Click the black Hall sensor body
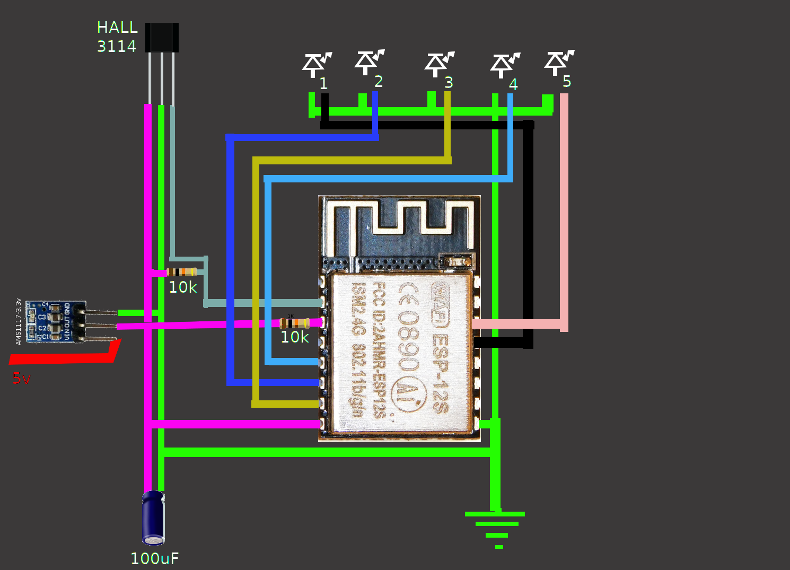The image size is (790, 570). point(162,37)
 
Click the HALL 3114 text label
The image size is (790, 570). point(117,37)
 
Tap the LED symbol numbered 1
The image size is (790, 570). point(314,65)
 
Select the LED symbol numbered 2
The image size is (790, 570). point(366,62)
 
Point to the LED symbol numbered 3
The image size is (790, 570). point(436,64)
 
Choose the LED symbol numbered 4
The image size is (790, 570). point(502,66)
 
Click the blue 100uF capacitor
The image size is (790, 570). point(153,518)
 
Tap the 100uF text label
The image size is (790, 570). point(154,558)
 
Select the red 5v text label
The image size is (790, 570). point(22,379)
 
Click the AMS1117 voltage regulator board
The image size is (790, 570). point(55,321)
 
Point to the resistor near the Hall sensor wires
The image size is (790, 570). point(182,272)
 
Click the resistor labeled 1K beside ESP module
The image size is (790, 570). point(294,323)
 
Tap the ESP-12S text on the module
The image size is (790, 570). point(440,371)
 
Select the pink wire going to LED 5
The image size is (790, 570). point(564,212)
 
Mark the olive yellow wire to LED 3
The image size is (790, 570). point(350,160)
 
